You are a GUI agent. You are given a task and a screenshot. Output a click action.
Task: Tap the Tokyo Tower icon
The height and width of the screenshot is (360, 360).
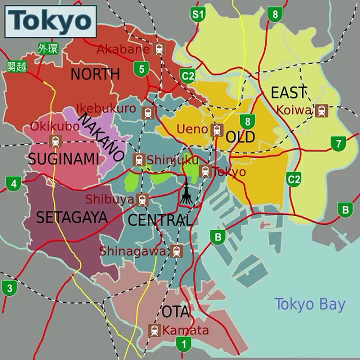[186, 192]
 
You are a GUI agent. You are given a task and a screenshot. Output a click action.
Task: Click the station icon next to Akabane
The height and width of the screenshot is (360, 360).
[159, 49]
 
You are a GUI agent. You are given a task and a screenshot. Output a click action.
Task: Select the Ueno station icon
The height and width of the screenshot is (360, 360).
[217, 129]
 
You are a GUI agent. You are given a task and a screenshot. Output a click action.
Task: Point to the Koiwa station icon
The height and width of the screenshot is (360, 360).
[321, 110]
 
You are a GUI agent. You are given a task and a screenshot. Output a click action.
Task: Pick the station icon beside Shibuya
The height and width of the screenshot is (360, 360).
[142, 199]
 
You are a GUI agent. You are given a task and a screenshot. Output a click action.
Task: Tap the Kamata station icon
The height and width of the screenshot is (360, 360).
[154, 330]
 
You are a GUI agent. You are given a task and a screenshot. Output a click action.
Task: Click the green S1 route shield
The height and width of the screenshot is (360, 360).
[198, 14]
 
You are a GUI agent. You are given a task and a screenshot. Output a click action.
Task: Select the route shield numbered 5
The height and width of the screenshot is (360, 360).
[141, 68]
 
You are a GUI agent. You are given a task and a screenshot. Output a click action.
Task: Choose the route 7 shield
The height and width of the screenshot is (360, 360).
[338, 144]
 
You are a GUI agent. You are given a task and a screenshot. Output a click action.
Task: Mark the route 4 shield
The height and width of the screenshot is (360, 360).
[13, 183]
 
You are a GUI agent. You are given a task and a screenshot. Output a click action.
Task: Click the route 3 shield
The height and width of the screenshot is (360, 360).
[9, 288]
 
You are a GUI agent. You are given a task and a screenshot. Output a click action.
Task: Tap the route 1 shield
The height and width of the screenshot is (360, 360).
[183, 344]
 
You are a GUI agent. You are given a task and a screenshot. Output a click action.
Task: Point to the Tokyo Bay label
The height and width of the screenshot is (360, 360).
[309, 304]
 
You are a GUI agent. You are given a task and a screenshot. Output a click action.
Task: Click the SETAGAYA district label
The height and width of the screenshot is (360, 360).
[71, 217]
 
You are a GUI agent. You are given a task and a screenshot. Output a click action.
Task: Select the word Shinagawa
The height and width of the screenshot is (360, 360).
[133, 251]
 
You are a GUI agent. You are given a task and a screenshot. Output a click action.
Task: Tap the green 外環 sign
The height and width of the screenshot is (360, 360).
[48, 49]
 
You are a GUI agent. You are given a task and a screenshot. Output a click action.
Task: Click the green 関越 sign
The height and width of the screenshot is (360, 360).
[16, 66]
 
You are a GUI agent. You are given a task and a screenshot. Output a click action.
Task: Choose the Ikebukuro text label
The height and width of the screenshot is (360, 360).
[106, 108]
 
